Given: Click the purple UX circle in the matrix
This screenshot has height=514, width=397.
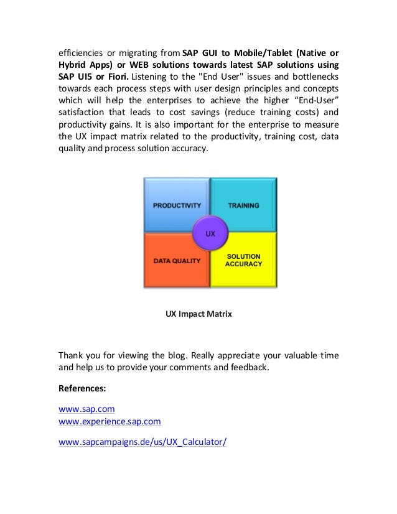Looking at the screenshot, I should coord(210,233).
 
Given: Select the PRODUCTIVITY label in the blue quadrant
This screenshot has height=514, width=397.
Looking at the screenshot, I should coord(177,205).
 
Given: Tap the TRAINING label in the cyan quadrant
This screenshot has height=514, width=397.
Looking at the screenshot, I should coord(243,205).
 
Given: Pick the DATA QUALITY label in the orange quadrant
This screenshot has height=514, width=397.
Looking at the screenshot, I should coord(177,261).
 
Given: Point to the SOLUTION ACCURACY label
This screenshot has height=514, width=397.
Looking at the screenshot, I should coord(243,260).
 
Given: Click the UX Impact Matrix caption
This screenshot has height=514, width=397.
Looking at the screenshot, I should coord(198,314).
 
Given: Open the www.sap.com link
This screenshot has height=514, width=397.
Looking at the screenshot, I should coord(86,409).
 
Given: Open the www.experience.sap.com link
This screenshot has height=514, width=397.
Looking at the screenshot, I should coord(110,421).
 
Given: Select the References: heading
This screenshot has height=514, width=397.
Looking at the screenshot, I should coord(82,388).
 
